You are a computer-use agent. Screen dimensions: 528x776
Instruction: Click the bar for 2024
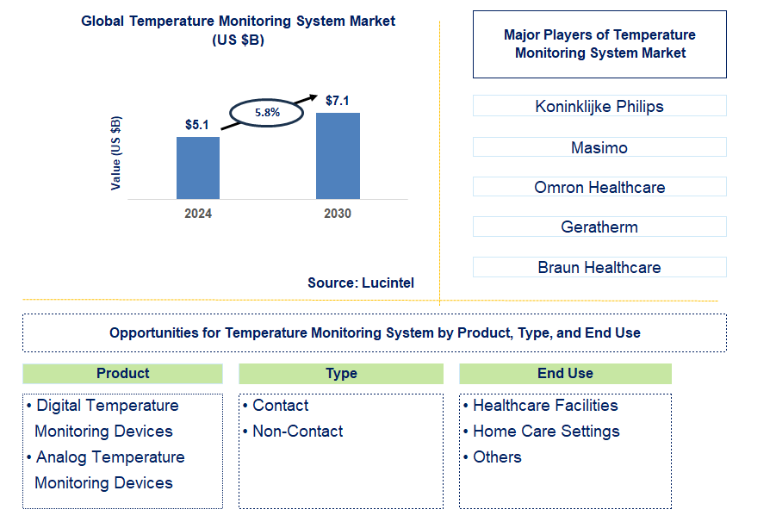198,168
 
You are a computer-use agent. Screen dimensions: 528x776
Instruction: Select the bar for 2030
338,156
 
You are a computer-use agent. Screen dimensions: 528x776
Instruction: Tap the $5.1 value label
197,125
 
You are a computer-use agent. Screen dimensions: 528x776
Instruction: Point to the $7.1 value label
337,101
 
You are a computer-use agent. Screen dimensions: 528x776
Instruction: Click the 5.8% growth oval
266,112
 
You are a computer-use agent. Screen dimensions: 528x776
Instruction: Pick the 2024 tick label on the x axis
197,214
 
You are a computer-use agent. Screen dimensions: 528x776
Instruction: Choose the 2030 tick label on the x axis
338,214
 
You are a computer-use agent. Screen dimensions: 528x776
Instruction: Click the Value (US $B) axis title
116,152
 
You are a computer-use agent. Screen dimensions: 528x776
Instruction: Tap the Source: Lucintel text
361,283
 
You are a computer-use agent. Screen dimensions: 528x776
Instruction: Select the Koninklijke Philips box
599,107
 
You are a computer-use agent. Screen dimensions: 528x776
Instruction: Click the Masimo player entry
599,147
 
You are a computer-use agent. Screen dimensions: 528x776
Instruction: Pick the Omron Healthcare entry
599,187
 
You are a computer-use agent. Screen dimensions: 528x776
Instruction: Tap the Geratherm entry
599,227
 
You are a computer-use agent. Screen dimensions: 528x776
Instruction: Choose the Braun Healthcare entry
599,267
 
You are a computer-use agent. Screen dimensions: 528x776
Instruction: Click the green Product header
122,373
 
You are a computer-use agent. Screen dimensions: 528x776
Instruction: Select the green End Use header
565,373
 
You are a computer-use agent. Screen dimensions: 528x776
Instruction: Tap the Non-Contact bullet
297,432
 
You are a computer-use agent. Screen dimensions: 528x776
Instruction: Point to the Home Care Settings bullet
546,432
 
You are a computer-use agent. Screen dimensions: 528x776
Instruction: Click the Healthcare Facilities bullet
545,406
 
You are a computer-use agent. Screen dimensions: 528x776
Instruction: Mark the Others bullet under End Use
497,457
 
